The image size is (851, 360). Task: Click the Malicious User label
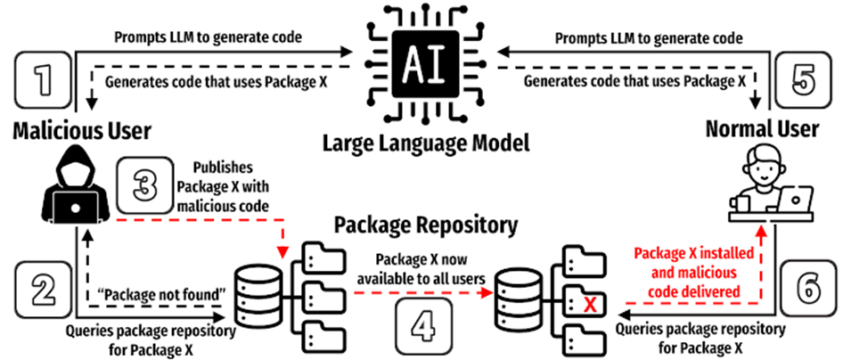(x=82, y=132)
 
